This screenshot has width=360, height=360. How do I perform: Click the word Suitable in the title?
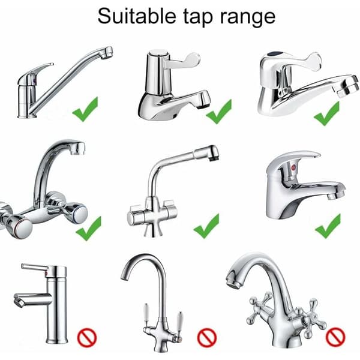coord(137,16)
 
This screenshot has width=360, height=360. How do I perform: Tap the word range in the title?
coord(248,18)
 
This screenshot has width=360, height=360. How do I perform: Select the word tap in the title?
coord(198,17)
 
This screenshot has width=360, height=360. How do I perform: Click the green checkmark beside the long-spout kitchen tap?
coord(85,109)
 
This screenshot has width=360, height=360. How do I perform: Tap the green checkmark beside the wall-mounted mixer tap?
coord(89,229)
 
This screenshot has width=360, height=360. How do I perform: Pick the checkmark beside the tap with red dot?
coord(328,226)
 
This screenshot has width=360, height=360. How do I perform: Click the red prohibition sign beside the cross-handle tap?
coord(335,337)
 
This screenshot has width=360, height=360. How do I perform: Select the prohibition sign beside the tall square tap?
coord(87,337)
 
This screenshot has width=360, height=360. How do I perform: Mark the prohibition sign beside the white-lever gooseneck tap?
coord(207,337)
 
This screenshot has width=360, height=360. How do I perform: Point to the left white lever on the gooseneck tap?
coord(146,314)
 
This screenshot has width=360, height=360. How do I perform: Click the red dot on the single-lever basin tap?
coord(293,167)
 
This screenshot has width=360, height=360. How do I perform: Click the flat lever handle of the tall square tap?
coord(34,268)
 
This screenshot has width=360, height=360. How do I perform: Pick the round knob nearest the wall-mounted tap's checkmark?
coord(76,213)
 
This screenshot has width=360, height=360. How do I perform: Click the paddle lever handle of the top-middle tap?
coord(184,59)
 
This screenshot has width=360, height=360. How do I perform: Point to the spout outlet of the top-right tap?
coord(349,88)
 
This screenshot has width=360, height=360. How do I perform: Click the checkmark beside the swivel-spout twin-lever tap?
coord(206,226)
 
